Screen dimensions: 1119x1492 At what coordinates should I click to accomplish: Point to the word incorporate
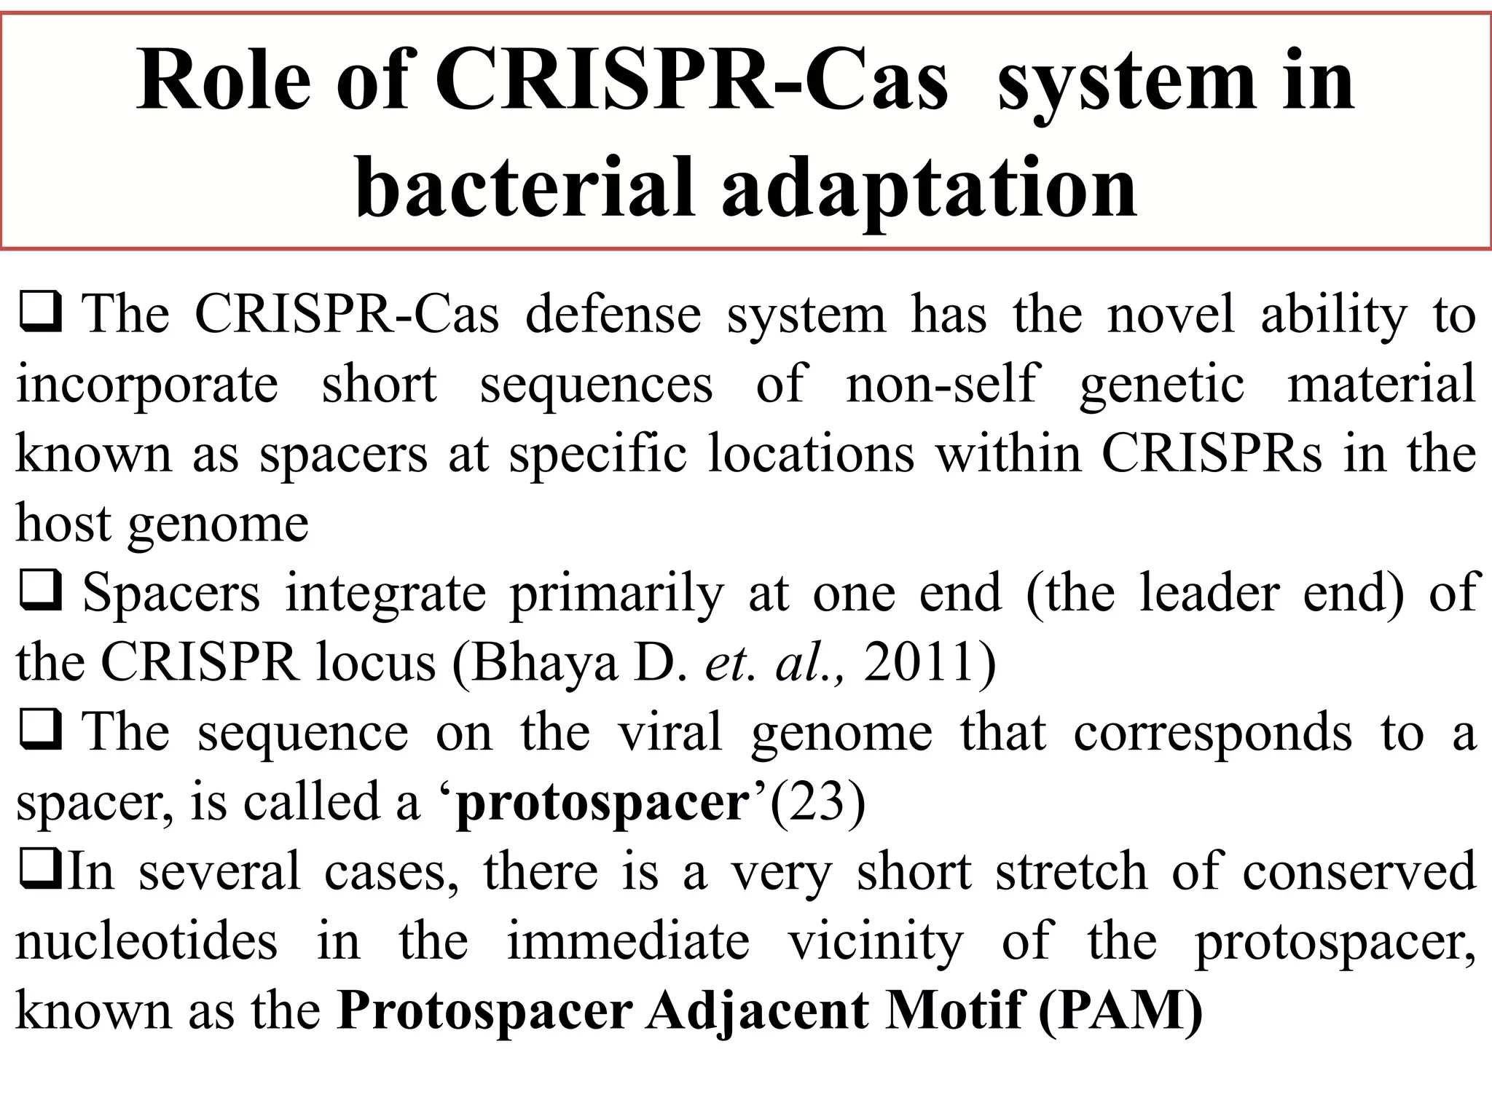tap(147, 385)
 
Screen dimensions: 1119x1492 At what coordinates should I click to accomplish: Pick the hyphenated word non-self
tap(941, 384)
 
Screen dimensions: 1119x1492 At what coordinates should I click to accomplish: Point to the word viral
tap(670, 731)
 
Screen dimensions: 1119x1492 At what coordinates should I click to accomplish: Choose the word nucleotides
tap(146, 941)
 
